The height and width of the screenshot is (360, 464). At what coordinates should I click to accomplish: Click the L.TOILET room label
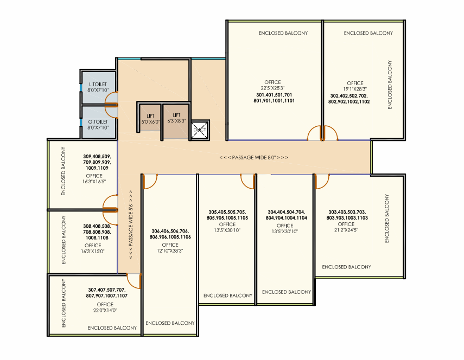point(98,85)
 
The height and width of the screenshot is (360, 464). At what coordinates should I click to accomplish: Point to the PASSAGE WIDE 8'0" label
point(253,157)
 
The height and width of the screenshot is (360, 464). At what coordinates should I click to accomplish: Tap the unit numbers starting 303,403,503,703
point(347,215)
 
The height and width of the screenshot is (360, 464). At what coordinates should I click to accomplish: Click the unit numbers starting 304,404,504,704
point(287,215)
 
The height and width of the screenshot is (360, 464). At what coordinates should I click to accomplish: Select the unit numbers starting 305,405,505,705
point(227,215)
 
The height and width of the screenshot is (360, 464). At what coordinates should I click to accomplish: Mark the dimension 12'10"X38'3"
point(170,250)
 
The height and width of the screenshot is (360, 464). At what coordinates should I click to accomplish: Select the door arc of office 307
point(134,279)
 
